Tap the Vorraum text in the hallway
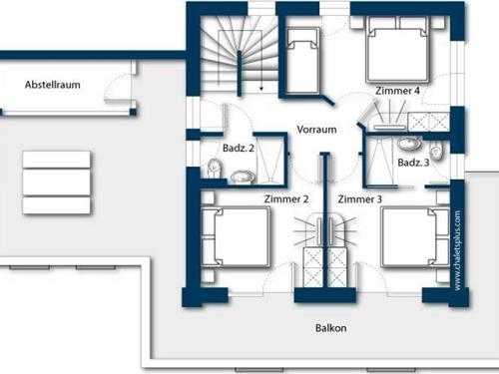[316, 130]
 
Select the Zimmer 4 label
[397, 91]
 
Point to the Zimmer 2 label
[286, 199]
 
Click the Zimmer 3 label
[359, 199]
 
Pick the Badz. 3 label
[413, 163]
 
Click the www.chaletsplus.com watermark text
[457, 250]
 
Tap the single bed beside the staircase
[302, 56]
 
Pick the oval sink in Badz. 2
[241, 177]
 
